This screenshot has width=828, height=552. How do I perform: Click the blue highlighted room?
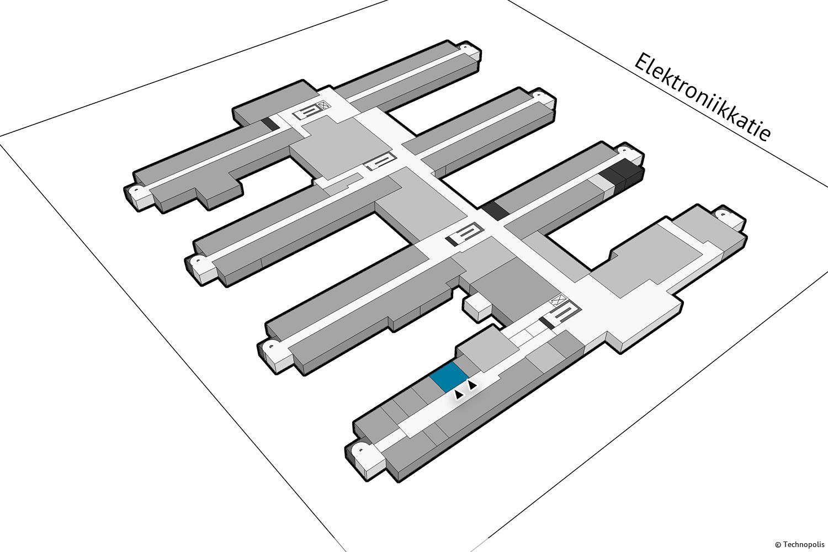coord(449,377)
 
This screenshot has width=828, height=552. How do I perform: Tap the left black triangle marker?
coord(458,395)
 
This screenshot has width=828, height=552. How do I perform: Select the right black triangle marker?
coord(472,385)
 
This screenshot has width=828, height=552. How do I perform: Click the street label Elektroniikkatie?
coord(702,97)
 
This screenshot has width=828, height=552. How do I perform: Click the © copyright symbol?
coord(778,545)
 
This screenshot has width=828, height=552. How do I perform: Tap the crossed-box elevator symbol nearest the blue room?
coord(559,299)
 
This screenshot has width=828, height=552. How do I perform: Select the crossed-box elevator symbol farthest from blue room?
coord(324,105)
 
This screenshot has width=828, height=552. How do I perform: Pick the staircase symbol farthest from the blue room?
coord(307,112)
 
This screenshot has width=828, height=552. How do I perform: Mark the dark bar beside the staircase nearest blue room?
coord(546,322)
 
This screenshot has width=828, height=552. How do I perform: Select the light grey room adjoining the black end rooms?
coord(601,183)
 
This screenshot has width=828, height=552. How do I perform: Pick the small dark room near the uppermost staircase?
coord(270,124)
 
